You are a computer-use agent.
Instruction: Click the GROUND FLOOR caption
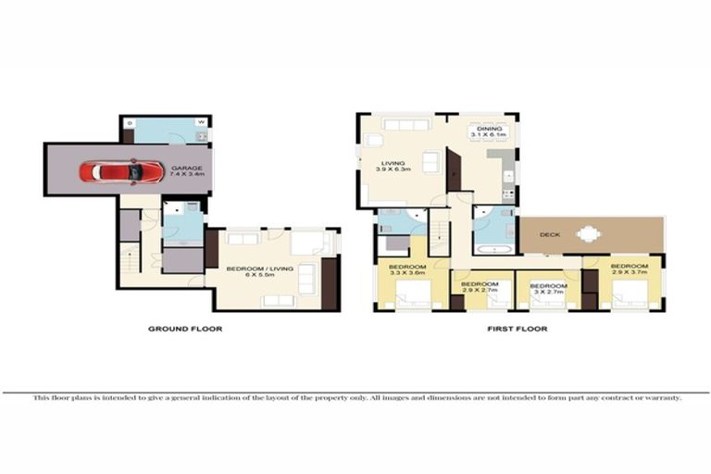185,329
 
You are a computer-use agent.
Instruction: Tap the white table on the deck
588,235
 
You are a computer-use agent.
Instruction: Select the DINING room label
488,129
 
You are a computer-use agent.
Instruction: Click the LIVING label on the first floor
393,164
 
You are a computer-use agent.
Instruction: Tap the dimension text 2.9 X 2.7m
480,290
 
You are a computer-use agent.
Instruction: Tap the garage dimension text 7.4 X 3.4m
181,176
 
